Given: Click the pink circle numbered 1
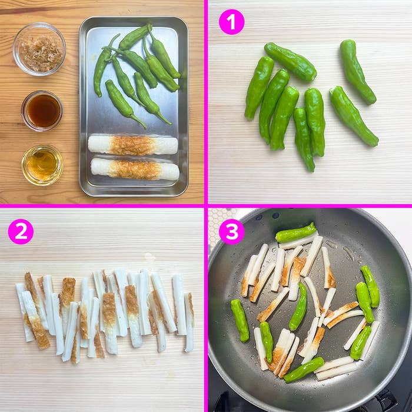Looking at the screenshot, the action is (x=231, y=22).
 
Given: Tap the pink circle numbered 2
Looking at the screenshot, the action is (x=21, y=232).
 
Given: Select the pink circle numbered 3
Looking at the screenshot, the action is (x=231, y=232).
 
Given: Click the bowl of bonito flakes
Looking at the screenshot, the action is (x=39, y=49).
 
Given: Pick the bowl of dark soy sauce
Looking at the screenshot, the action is (x=42, y=111).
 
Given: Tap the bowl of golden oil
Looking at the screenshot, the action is (x=42, y=165).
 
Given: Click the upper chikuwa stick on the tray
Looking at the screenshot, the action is (x=132, y=145).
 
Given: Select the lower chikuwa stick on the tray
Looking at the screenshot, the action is (x=135, y=169).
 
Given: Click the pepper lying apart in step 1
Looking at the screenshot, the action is (x=357, y=71).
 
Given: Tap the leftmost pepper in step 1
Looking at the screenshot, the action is (x=259, y=88).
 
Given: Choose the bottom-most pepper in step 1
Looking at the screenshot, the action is (x=304, y=139).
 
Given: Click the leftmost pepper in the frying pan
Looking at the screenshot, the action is (x=240, y=321).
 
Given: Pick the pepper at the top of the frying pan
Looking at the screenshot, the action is (x=295, y=233).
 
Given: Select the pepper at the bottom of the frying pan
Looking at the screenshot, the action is (x=304, y=370).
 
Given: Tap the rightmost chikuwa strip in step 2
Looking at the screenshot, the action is (x=189, y=322).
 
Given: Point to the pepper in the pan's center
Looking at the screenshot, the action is (x=298, y=307).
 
